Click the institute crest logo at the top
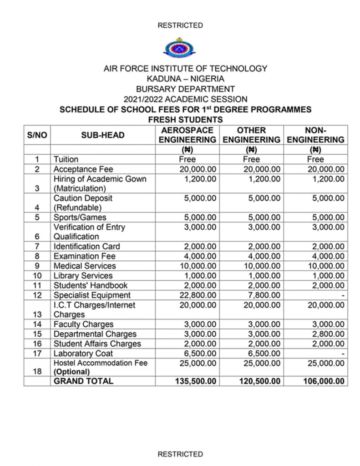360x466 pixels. [180, 47]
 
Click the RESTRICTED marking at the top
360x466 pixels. [180, 25]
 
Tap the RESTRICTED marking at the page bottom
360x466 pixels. [180, 454]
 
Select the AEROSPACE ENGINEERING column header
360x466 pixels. [187, 135]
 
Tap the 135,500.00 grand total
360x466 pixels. [196, 381]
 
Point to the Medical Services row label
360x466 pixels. [85, 266]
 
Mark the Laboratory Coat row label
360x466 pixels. [83, 353]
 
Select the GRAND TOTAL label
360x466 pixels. [83, 381]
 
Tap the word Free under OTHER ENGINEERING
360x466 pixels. [251, 159]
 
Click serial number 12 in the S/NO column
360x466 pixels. [37, 295]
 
